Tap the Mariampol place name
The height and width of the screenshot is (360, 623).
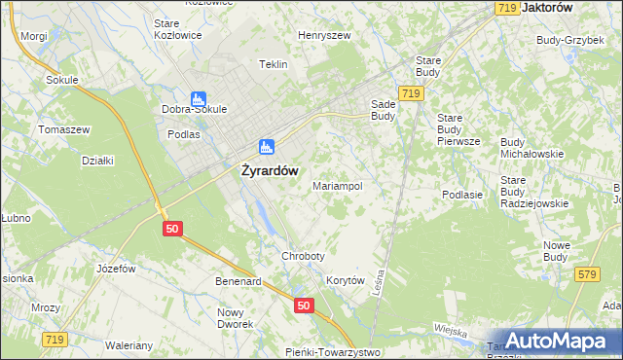coord(338,185)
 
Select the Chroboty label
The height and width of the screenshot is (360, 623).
coord(303,256)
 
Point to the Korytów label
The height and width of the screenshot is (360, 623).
coord(345,280)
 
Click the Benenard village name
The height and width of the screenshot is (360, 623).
coord(238,281)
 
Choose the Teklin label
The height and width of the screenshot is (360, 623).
coord(274,64)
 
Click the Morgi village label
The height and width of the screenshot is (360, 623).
coord(33,36)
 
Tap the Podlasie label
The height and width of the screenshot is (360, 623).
coord(462,195)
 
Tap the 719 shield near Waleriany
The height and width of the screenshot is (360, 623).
coord(54,339)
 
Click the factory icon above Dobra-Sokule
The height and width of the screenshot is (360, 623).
coord(199,98)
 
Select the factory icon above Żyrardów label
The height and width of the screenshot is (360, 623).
coord(266,147)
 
